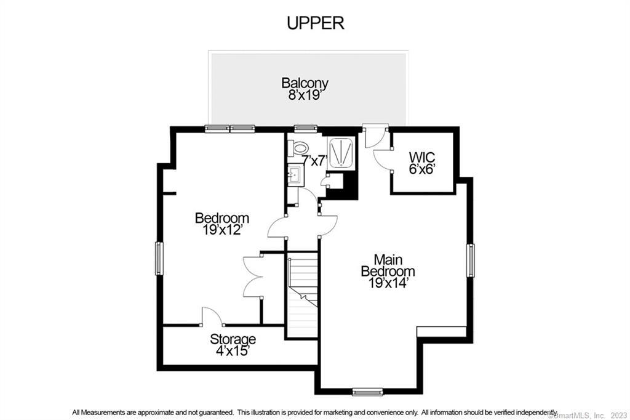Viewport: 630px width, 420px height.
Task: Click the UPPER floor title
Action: pos(316,23)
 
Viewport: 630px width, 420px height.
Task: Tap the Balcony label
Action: pos(305,83)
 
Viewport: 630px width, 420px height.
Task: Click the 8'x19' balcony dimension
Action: pos(305,95)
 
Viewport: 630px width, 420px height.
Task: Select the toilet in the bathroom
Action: pos(298,147)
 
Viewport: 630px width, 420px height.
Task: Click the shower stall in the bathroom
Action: pos(341,153)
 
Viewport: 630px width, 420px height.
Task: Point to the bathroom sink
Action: pos(295,175)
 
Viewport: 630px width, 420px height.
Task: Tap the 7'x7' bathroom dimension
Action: pos(315,161)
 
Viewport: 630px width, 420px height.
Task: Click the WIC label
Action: pos(422,156)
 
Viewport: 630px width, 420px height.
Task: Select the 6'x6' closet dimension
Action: pos(422,169)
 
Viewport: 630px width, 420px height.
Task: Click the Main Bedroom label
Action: pos(388,265)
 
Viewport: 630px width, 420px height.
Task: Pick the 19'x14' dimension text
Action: pos(388,283)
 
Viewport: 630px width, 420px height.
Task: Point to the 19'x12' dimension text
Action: pos(222,230)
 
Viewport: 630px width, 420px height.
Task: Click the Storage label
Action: pos(233,339)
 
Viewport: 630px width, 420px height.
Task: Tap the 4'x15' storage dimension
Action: pos(233,351)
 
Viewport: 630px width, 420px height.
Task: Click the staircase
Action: pos(303,295)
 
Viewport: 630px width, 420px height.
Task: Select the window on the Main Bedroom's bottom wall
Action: pos(367,391)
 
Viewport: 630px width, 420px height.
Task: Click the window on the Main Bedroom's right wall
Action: pos(470,260)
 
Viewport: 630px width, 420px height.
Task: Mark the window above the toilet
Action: pos(306,129)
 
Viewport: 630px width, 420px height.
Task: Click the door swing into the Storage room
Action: pos(212,316)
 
